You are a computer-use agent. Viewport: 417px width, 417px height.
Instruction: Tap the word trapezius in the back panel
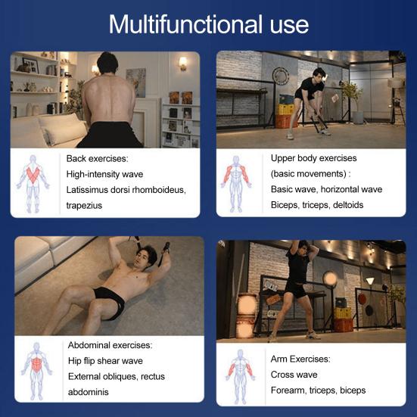click(x=84, y=206)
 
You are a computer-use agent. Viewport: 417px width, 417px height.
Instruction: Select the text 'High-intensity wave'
click(x=104, y=174)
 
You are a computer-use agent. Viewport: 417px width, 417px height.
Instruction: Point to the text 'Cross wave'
click(x=294, y=375)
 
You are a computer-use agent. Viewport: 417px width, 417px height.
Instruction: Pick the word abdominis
click(x=89, y=392)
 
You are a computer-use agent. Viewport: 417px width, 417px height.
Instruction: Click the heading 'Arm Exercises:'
click(x=300, y=359)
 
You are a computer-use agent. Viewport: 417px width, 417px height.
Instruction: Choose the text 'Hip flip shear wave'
click(x=105, y=361)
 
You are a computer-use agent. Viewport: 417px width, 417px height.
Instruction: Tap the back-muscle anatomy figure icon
click(x=33, y=183)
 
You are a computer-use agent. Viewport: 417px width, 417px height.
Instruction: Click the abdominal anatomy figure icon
click(x=36, y=371)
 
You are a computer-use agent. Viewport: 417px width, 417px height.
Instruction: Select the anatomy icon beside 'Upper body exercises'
click(x=236, y=184)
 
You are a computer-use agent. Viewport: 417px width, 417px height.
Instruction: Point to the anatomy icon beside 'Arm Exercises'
click(x=240, y=376)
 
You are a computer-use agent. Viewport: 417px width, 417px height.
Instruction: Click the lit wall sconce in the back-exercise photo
click(x=182, y=64)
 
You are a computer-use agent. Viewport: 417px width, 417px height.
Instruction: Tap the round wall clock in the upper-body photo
click(x=281, y=76)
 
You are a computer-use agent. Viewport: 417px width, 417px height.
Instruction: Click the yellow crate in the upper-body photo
click(x=285, y=109)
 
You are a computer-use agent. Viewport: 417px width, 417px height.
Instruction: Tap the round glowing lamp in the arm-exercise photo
click(x=330, y=279)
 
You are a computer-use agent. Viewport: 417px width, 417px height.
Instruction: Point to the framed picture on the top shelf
click(x=31, y=65)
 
